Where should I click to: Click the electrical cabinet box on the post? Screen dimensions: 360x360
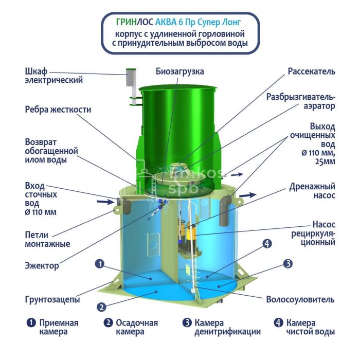131,77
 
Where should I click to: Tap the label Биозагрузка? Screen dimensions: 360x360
180,71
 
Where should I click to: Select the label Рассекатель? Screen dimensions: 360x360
311,71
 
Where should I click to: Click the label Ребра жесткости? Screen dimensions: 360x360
58,110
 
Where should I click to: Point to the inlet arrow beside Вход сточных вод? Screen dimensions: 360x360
105,202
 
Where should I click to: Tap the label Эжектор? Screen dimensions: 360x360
42,266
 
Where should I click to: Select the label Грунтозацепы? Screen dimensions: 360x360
52,299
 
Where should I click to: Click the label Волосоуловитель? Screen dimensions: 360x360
300,299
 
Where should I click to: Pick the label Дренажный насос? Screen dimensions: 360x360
312,191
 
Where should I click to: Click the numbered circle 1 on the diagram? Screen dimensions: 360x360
100,264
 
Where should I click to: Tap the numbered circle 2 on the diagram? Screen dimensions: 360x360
101,307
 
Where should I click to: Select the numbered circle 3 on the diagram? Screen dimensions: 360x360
287,263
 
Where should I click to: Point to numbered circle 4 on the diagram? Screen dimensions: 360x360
267,244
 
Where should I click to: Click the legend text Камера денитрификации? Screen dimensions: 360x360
227,327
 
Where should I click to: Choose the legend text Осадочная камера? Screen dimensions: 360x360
137,327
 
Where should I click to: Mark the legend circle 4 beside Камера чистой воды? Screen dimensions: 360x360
278,322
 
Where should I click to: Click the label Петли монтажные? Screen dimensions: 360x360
47,239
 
